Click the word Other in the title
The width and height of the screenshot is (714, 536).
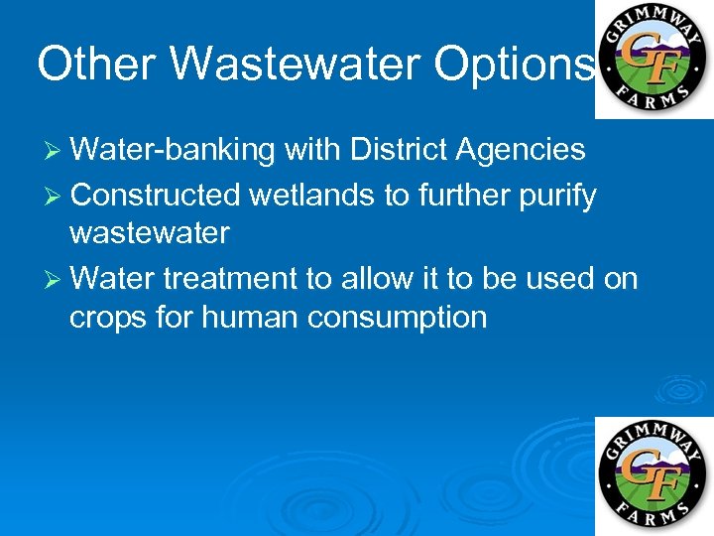click(97, 64)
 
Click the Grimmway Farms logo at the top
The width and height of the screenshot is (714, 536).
click(653, 59)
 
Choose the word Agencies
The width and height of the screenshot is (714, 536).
click(521, 150)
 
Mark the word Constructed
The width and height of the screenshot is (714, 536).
click(156, 196)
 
